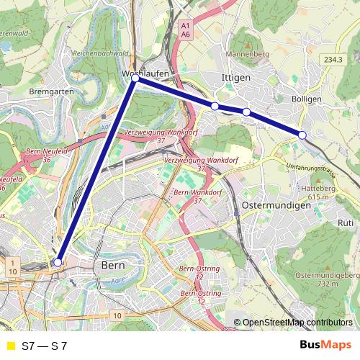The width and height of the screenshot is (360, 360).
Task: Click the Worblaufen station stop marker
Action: [135, 78]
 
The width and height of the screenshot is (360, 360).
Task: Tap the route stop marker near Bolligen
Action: [302, 135]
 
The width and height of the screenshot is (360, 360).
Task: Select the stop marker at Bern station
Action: [58, 263]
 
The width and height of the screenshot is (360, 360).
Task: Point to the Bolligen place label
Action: [307, 99]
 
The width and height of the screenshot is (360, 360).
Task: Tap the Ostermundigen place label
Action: [276, 205]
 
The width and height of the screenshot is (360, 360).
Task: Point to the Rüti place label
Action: [345, 223]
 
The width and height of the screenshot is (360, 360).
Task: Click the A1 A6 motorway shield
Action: [186, 29]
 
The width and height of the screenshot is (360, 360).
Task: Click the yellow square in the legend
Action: [10, 346]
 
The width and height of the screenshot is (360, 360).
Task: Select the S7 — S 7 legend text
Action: [44, 346]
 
